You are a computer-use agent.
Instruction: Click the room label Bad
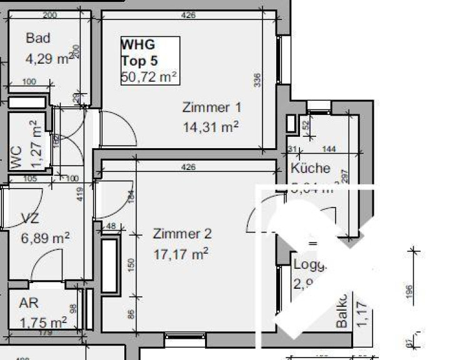coord(37,38)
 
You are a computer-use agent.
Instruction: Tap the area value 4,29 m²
coord(47,59)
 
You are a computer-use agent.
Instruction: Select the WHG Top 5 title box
coord(150,61)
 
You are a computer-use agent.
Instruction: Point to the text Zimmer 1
coord(211,107)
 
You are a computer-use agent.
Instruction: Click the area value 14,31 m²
coord(211,127)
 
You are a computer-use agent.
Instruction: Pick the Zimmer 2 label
coord(182,234)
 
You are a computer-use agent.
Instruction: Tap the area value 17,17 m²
coord(181,254)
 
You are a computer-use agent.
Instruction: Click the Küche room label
coord(310,168)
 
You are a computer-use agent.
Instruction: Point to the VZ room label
coord(29,219)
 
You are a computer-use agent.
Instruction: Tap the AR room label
coord(29,304)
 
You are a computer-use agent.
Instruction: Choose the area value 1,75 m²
coord(43,322)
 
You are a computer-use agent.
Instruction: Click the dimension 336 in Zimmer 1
coord(257,79)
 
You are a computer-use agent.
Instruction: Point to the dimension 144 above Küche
coord(329,149)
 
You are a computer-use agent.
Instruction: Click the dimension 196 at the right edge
coord(409,292)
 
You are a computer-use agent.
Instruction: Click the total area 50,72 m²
coord(149,76)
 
